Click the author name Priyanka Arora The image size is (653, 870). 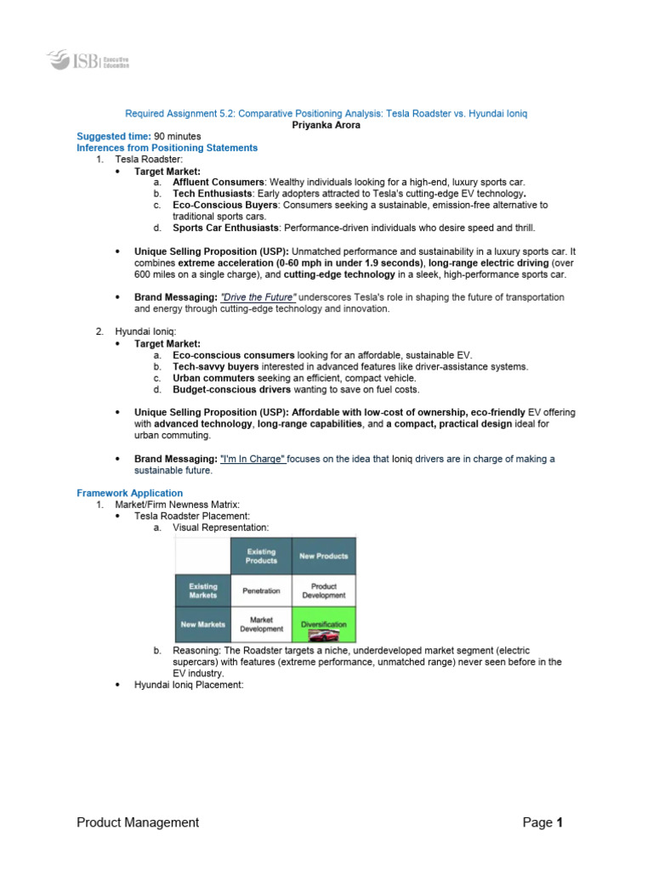[x=326, y=124]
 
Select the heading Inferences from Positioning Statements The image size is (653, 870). [x=167, y=147]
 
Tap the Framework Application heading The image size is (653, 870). [x=129, y=493]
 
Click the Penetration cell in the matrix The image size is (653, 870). [x=261, y=590]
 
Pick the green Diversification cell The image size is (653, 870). [x=324, y=624]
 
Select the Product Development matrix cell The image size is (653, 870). [x=324, y=590]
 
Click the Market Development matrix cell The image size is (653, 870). [x=261, y=624]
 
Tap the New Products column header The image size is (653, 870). [x=324, y=556]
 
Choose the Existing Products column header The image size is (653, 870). [x=261, y=556]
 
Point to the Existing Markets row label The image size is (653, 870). [x=203, y=590]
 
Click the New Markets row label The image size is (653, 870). [x=203, y=624]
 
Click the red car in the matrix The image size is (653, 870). [x=324, y=634]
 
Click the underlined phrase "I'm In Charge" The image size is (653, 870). [x=253, y=459]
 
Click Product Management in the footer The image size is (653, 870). [x=138, y=822]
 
